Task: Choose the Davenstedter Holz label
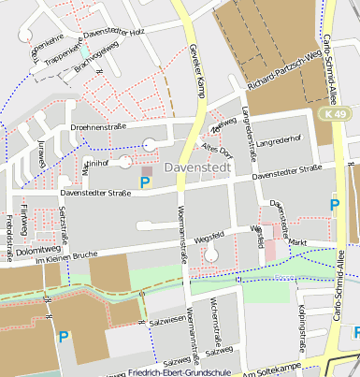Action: click(x=116, y=33)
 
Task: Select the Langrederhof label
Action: click(x=278, y=141)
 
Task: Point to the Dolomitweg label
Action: click(x=37, y=250)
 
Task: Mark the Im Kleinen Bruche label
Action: click(x=66, y=260)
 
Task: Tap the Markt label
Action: click(x=297, y=242)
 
